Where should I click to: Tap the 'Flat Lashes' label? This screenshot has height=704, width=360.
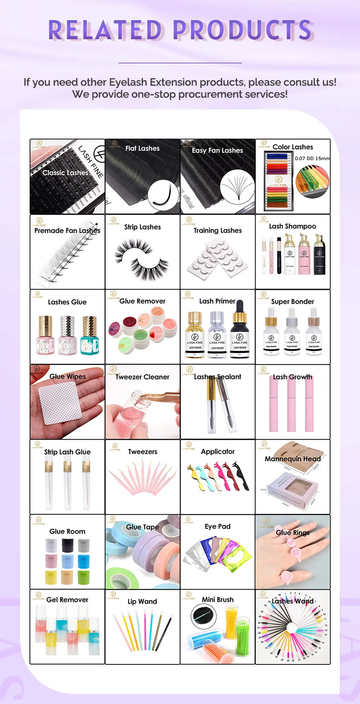pyautogui.click(x=142, y=148)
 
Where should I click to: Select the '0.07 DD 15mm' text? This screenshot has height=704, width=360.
pyautogui.click(x=312, y=158)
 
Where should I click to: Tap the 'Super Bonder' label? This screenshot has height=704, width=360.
pyautogui.click(x=292, y=302)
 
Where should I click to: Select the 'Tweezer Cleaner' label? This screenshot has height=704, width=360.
pyautogui.click(x=143, y=377)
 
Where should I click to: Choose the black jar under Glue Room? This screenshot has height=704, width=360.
pyautogui.click(x=68, y=546)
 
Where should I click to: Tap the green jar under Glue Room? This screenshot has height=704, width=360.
pyautogui.click(x=84, y=577)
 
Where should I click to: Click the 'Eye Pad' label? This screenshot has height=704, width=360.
pyautogui.click(x=217, y=526)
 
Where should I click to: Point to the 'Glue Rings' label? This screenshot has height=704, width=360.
pyautogui.click(x=292, y=533)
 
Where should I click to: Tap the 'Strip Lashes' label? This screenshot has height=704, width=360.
pyautogui.click(x=143, y=227)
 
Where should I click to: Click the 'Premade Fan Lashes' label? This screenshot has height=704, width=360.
pyautogui.click(x=67, y=231)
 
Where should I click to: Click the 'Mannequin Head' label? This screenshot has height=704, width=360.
pyautogui.click(x=292, y=459)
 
